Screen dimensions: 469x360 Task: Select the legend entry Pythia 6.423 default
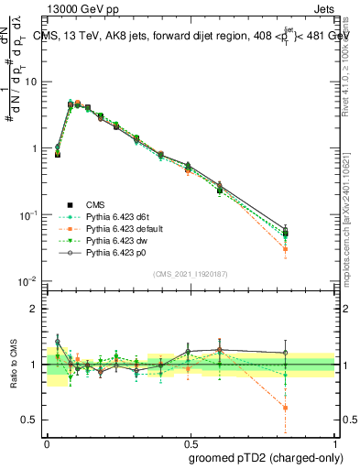click(120, 228)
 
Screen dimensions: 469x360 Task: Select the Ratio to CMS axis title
click(15, 364)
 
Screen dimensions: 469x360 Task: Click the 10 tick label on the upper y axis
click(29, 82)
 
